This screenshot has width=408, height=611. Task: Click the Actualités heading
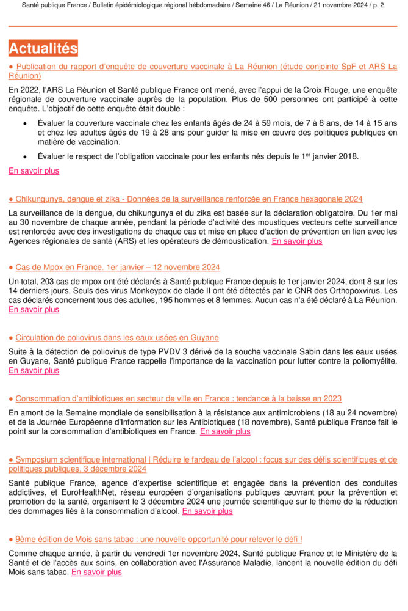point(43,48)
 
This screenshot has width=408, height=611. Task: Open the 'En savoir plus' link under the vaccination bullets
point(34,171)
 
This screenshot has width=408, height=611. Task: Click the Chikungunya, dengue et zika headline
point(189,199)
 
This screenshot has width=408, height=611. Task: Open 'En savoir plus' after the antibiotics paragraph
point(225,431)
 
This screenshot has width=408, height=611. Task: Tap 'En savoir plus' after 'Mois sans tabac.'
point(96,573)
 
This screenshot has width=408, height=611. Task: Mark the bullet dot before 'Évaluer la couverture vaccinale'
point(24,123)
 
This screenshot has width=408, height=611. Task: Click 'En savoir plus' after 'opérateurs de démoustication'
point(297,241)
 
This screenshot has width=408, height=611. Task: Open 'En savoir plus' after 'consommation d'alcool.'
point(207,511)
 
